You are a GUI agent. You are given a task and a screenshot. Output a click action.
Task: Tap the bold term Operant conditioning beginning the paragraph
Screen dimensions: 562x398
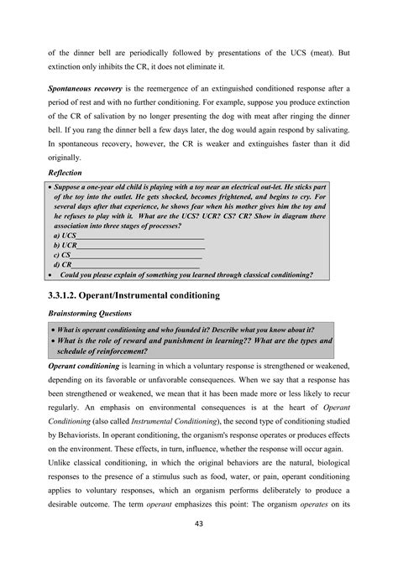(81, 367)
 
